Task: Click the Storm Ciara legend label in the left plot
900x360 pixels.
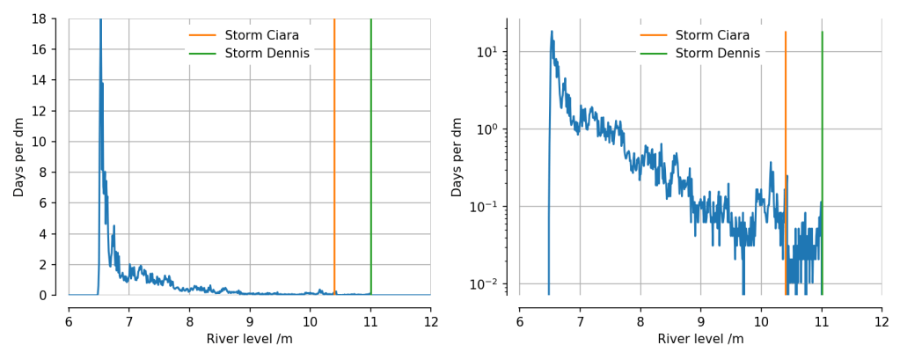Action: [262, 35]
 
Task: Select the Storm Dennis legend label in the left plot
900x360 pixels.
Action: [267, 54]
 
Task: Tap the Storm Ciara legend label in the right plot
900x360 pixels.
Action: [713, 35]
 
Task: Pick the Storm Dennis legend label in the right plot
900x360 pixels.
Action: [717, 54]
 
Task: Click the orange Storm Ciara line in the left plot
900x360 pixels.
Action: [334, 158]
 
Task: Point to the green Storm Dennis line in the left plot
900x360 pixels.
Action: [370, 158]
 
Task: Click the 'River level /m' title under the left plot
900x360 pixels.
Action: [249, 339]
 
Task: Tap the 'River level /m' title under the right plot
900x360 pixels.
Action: [699, 339]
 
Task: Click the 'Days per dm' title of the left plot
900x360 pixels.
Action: [18, 157]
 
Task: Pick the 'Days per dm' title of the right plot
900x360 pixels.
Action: [457, 157]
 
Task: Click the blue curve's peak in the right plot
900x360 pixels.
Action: [552, 32]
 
